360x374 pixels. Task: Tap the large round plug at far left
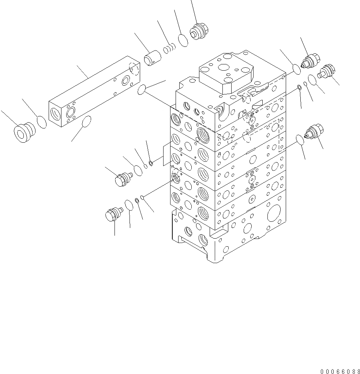[x=24, y=132]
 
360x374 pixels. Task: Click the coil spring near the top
[x=169, y=48]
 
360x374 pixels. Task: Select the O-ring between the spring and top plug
[x=183, y=40]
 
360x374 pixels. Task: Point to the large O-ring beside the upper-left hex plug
[x=138, y=171]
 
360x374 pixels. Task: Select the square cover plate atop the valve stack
[x=226, y=75]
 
